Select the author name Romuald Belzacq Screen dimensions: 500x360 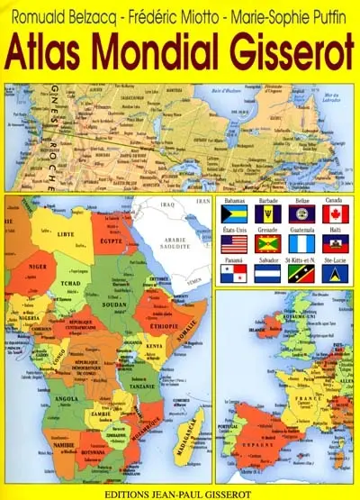[x=60, y=16]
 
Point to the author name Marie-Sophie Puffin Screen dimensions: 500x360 [x=292, y=16]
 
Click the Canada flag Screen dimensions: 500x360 [x=335, y=214]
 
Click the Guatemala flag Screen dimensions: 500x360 [x=301, y=243]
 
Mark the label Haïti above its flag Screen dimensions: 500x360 [x=335, y=229]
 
